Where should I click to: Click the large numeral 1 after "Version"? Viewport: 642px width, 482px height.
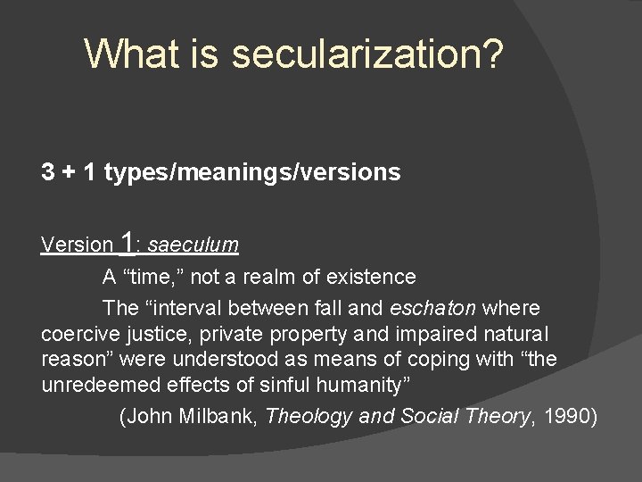pyautogui.click(x=129, y=242)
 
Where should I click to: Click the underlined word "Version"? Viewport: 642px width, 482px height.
pyautogui.click(x=78, y=245)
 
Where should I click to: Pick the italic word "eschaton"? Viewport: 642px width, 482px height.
pyautogui.click(x=432, y=308)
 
